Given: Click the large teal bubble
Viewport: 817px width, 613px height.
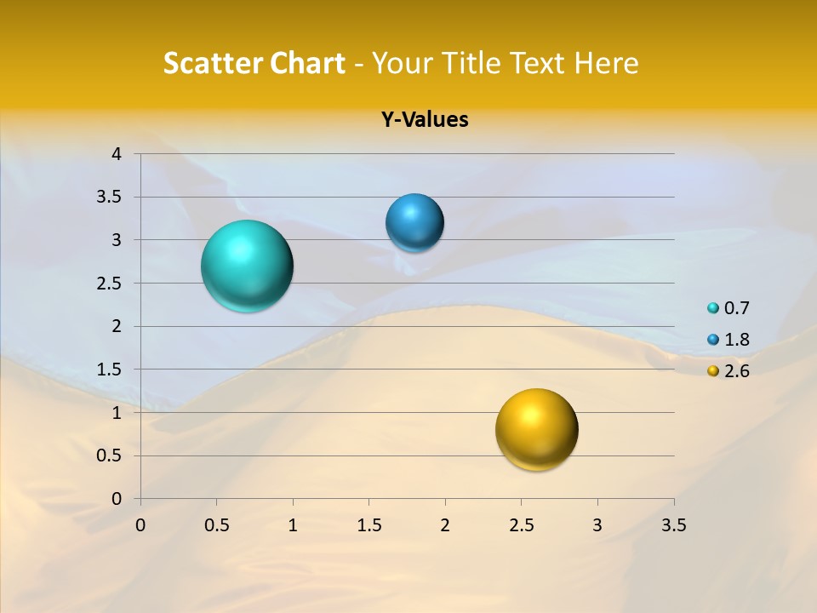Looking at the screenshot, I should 247,266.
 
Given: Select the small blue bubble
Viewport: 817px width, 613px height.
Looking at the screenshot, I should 414,223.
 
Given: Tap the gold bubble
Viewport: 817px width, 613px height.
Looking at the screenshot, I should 536,429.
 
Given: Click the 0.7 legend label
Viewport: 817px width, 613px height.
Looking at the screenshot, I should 736,308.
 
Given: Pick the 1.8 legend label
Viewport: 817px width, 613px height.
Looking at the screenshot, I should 736,340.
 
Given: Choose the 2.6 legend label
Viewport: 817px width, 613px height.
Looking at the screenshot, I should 736,371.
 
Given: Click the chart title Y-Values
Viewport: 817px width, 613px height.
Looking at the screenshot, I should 424,120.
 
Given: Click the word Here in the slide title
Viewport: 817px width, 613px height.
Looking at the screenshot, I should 606,63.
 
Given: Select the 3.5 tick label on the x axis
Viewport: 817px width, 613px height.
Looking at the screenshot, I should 673,525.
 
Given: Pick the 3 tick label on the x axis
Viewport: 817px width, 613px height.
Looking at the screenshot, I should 597,525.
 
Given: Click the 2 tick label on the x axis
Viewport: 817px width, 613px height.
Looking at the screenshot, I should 445,525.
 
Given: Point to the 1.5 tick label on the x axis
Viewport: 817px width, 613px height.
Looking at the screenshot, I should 369,525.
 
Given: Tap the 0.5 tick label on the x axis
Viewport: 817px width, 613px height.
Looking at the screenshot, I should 216,525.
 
